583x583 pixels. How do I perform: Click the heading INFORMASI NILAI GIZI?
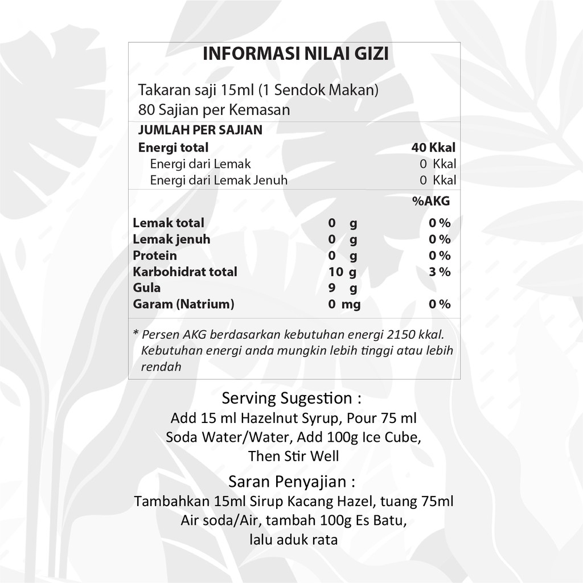coord(295,54)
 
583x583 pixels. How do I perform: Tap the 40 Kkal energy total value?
coord(433,147)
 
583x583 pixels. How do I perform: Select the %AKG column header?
coord(431,200)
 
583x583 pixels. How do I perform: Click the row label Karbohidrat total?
coord(185,272)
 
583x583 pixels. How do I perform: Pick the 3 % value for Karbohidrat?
coord(440,272)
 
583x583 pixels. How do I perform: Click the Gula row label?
coord(147,288)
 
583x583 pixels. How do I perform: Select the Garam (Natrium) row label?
coord(183,304)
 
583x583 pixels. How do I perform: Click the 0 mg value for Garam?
coord(344,305)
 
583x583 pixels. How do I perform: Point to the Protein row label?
coord(155,256)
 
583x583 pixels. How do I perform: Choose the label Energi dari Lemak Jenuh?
coord(219,180)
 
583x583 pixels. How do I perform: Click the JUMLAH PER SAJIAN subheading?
coord(200,130)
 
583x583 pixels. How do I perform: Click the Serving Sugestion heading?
coord(291,397)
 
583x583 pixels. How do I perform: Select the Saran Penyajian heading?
coord(291,482)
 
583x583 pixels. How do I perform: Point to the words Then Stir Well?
coord(293,456)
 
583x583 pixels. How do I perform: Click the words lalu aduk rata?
coord(293,539)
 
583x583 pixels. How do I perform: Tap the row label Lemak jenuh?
coord(171,239)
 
